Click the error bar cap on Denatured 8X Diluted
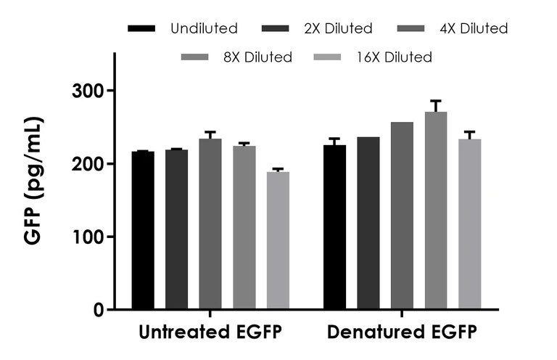click(x=436, y=101)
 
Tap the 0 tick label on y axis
click(x=98, y=311)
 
